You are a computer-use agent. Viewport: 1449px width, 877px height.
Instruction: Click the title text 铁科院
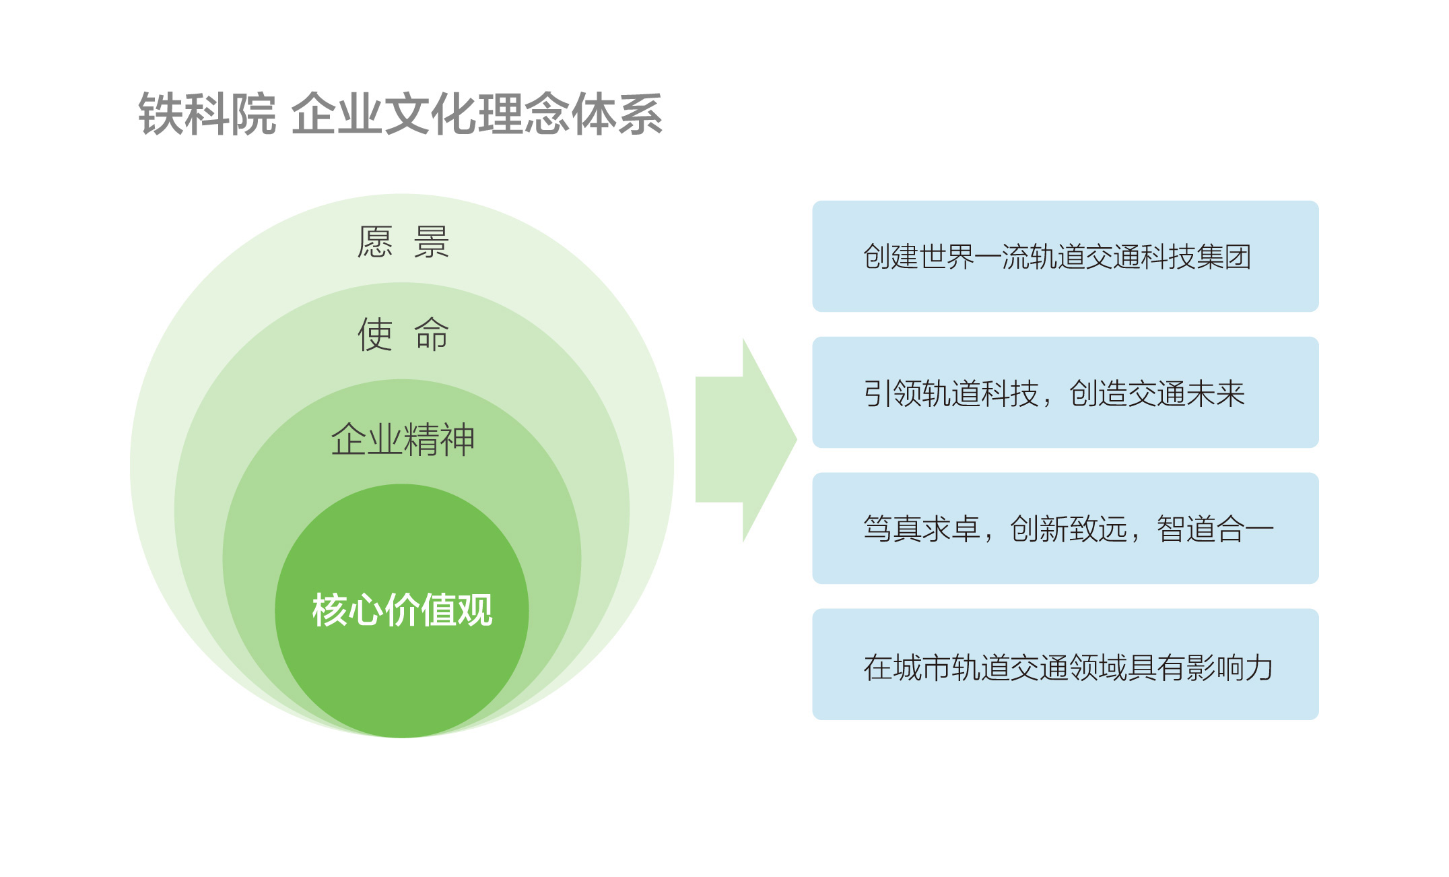tap(207, 115)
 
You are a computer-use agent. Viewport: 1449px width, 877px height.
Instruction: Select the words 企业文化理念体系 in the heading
tap(477, 115)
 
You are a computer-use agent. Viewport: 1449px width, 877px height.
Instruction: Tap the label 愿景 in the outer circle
tap(403, 242)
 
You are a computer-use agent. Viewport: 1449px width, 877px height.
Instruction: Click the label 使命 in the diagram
tap(403, 335)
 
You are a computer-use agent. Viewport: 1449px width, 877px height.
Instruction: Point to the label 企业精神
tap(403, 440)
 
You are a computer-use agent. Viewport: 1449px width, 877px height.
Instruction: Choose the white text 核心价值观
tap(403, 610)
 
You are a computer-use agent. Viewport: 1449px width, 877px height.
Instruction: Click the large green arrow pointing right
tap(746, 440)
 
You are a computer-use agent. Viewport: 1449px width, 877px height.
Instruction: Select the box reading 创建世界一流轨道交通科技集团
tap(1065, 256)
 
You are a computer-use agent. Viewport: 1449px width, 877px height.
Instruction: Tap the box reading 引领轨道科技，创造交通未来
tap(1065, 392)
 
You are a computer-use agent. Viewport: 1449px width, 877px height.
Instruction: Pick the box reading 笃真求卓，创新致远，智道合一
tap(1065, 528)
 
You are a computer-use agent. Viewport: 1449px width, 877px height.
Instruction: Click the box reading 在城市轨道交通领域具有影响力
tap(1065, 664)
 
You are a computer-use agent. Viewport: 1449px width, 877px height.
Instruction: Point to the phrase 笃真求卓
tap(922, 529)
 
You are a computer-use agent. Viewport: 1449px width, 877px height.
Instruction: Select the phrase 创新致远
tap(1069, 529)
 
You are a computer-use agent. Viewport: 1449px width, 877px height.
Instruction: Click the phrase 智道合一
tap(1215, 529)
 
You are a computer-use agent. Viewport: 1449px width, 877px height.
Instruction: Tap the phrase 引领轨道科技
tap(951, 393)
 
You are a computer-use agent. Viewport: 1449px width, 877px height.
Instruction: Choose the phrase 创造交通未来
tap(1157, 393)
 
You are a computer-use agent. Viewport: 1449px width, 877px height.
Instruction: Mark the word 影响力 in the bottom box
tap(1229, 668)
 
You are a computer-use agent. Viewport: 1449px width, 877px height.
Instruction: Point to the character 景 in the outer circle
tap(432, 242)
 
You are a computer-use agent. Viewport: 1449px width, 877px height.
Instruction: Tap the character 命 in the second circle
tap(432, 335)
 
